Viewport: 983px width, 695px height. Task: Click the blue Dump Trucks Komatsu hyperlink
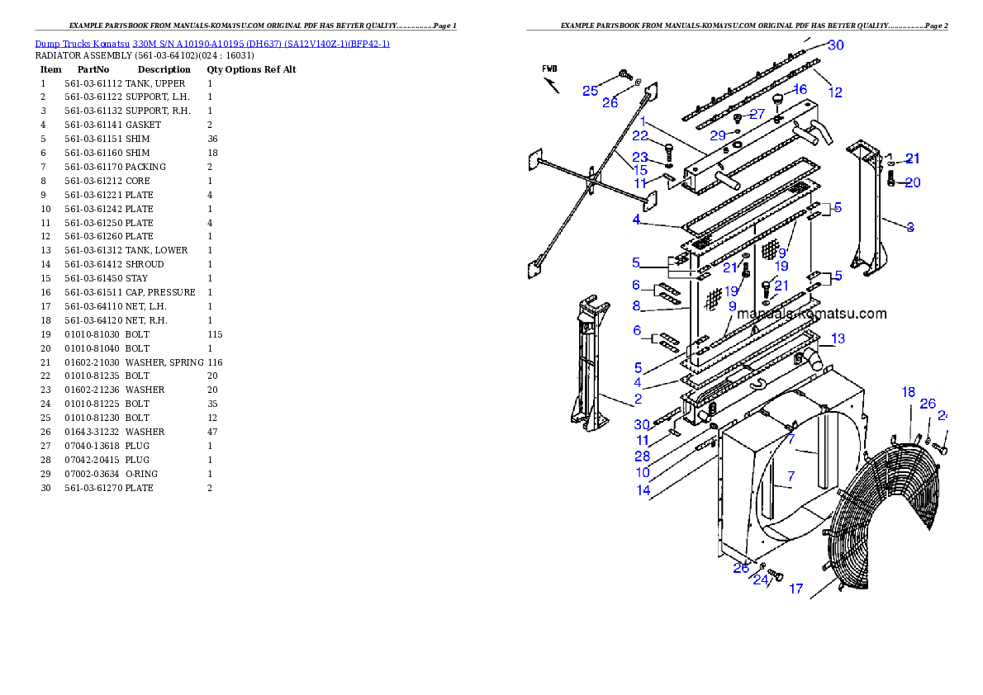(212, 43)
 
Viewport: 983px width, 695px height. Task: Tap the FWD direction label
(549, 69)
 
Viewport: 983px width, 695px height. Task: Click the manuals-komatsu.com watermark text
(811, 314)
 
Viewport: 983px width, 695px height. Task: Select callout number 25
(590, 91)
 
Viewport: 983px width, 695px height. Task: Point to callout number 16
(800, 89)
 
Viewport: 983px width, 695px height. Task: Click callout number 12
(835, 92)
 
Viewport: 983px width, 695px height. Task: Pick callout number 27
(757, 115)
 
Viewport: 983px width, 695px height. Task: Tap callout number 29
(718, 135)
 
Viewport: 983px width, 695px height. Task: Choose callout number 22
(640, 135)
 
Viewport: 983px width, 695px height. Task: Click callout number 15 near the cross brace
(640, 170)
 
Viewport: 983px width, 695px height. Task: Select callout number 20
(912, 182)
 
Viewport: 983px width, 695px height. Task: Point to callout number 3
(909, 227)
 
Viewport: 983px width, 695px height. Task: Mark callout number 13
(838, 338)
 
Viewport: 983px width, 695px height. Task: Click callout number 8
(636, 305)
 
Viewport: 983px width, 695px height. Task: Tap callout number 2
(638, 400)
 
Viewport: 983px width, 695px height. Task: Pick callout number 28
(642, 456)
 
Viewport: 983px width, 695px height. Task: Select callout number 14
(643, 490)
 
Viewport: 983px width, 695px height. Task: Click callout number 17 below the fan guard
(795, 589)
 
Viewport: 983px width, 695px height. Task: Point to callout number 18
(908, 392)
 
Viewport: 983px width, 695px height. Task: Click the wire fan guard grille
(876, 512)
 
